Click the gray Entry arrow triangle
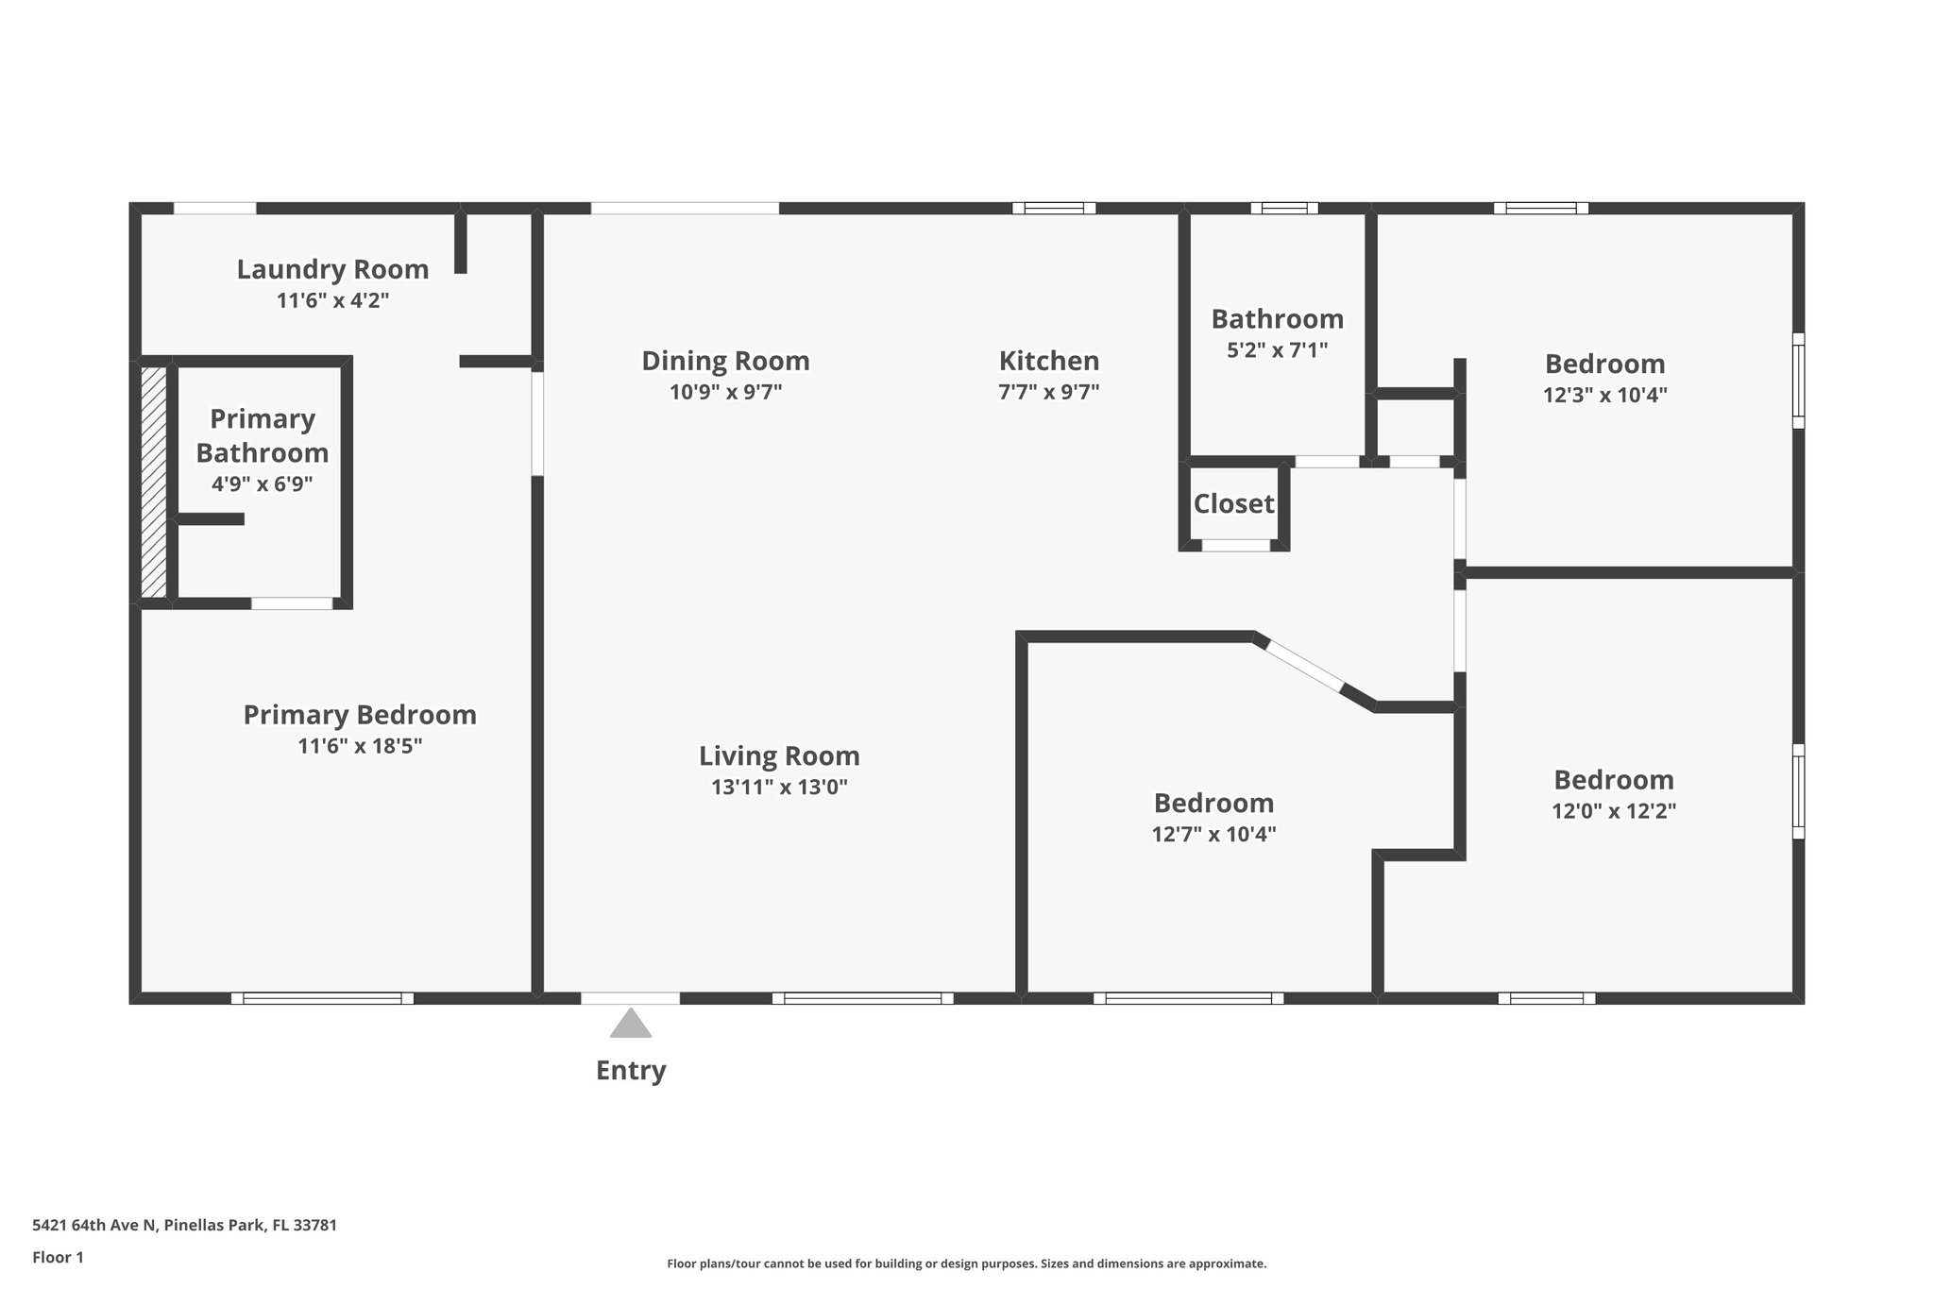(x=631, y=1025)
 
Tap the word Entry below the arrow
(x=631, y=1070)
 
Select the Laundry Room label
(x=332, y=269)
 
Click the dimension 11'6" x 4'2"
(x=332, y=301)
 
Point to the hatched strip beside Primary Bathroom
(x=154, y=482)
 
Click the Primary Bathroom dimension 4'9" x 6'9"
(x=263, y=484)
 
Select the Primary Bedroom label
(x=360, y=715)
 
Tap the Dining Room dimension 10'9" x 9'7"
(x=725, y=392)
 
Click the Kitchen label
(x=1049, y=361)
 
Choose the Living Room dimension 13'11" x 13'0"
(x=779, y=787)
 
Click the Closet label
(x=1233, y=503)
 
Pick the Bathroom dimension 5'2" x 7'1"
(x=1277, y=350)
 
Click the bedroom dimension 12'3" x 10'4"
(x=1604, y=395)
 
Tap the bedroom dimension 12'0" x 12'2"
(x=1613, y=811)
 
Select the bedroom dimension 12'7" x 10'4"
(x=1213, y=835)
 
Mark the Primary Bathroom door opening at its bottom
(x=292, y=603)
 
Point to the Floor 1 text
(x=58, y=1257)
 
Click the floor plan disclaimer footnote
(x=966, y=1264)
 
